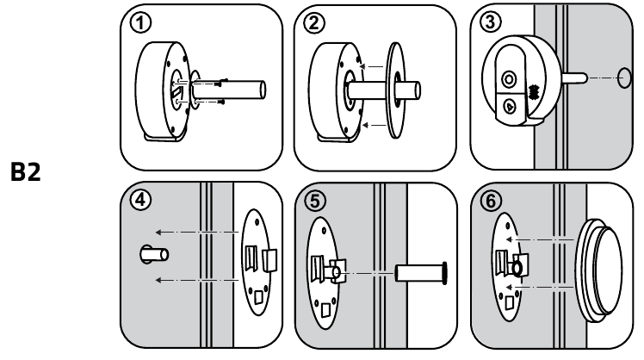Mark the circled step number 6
coord(491,199)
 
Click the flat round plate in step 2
coord(395,87)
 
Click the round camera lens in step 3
coord(510,79)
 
